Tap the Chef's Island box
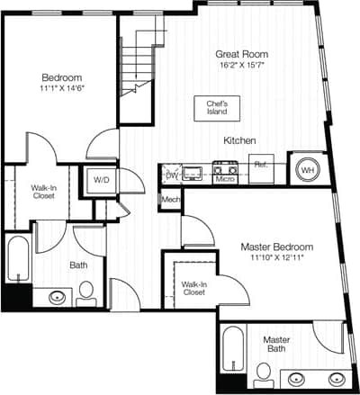(215, 107)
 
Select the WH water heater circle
(306, 168)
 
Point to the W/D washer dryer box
(103, 180)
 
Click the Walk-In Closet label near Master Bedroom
(193, 286)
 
